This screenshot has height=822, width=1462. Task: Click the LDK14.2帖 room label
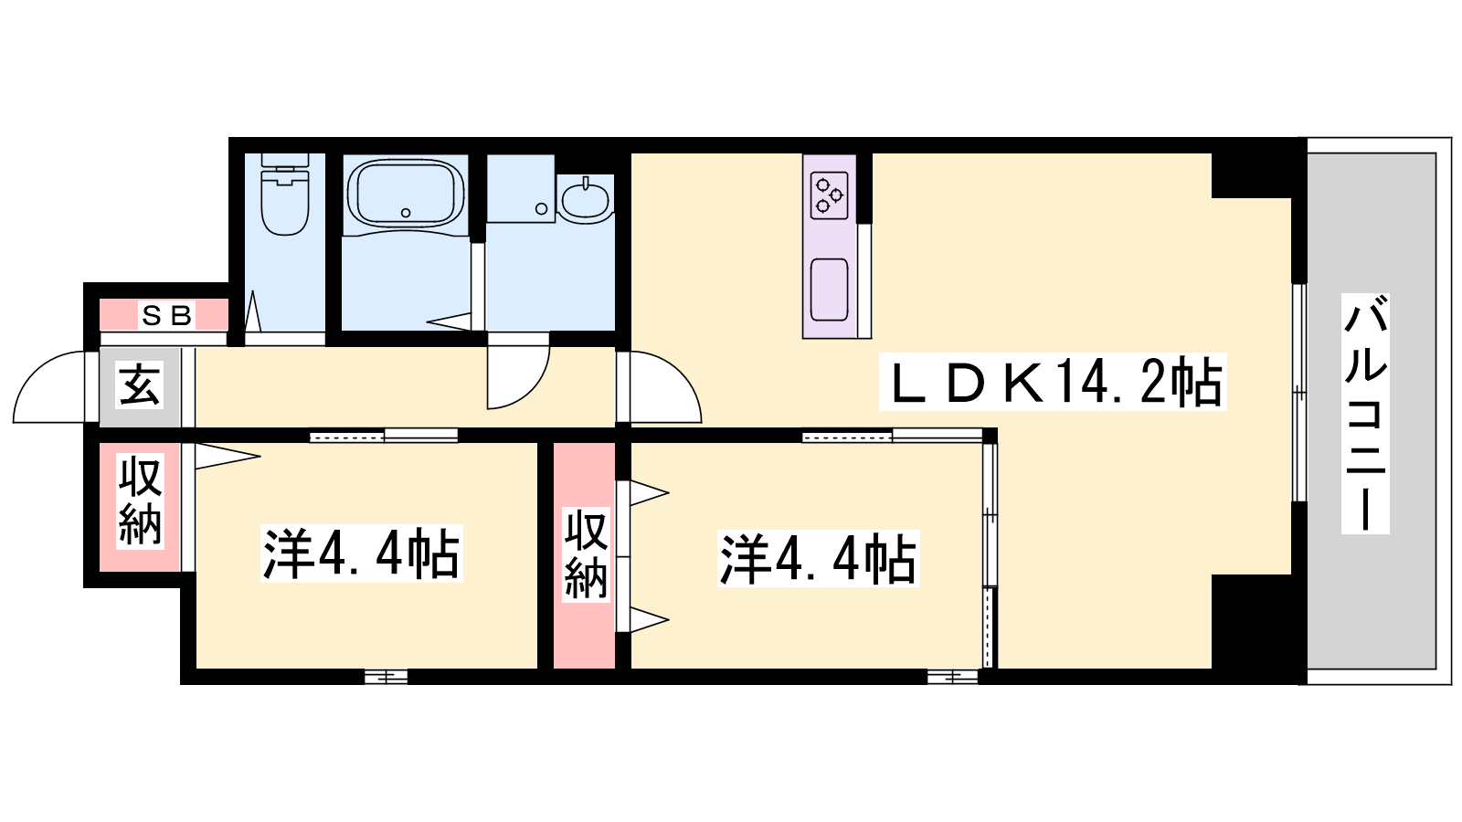1052,382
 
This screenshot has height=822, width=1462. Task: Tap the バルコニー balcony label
1365,414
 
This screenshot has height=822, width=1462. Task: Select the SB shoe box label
166,316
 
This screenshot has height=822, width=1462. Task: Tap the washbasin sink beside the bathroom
586,199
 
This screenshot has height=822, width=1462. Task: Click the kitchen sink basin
829,290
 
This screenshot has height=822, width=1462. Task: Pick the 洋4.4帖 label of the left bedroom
362,553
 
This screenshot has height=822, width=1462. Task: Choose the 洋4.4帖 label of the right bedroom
819,559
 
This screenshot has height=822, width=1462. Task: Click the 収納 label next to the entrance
140,501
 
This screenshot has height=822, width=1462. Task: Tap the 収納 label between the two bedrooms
586,554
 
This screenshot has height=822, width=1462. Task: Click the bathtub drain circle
406,213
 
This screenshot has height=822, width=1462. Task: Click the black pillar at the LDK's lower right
1252,622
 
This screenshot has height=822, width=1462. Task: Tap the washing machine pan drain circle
541,209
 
